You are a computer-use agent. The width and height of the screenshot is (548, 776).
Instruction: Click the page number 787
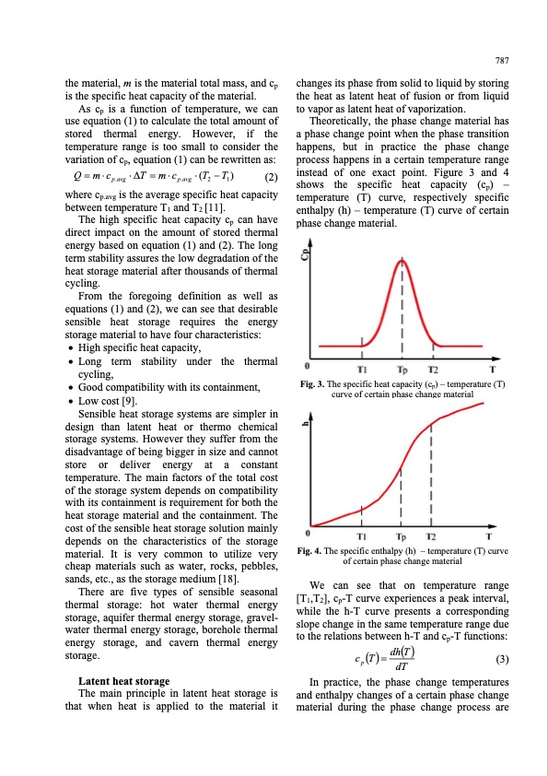502,62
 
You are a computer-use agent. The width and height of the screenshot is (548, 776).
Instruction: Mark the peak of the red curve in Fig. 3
401,261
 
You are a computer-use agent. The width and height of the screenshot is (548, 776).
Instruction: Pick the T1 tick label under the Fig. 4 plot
363,537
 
